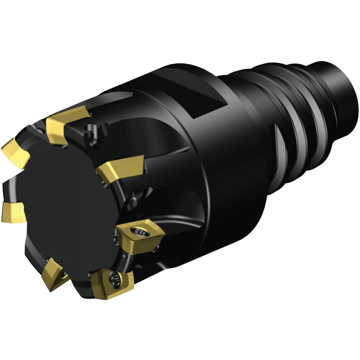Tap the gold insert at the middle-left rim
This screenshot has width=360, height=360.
coord(13,211)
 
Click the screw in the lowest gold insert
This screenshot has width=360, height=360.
coord(115,278)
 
